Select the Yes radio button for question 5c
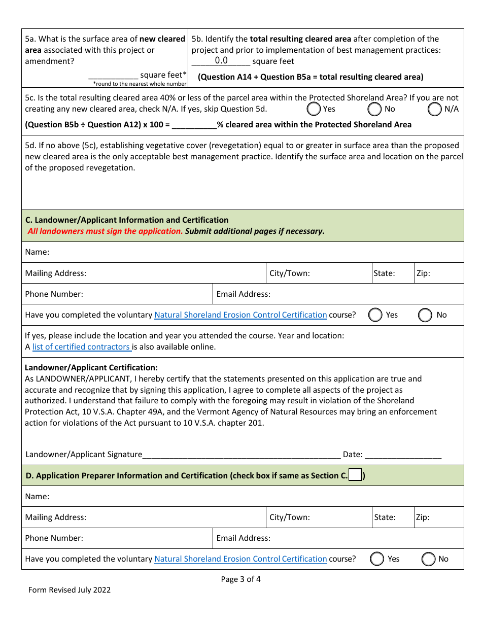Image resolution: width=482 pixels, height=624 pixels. click(x=314, y=109)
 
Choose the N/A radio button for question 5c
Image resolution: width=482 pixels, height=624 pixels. click(x=435, y=109)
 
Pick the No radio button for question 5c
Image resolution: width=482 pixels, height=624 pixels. click(x=374, y=109)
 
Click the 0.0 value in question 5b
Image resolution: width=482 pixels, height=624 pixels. click(x=221, y=61)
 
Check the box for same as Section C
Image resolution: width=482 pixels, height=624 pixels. click(x=355, y=475)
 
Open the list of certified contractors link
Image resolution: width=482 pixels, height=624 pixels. click(x=81, y=347)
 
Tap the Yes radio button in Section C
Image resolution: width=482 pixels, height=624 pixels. click(x=375, y=315)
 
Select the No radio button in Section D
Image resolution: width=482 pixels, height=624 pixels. click(x=429, y=559)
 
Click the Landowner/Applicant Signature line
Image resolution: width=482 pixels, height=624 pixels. click(x=241, y=455)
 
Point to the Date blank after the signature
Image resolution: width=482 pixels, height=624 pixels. click(x=403, y=455)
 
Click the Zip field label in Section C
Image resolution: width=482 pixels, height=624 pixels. click(x=423, y=273)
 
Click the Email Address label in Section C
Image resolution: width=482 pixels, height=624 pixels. click(x=244, y=294)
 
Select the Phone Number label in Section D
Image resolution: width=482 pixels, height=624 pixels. click(x=54, y=538)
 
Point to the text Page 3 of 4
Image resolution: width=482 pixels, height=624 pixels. click(x=241, y=579)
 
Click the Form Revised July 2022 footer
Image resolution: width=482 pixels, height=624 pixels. click(x=70, y=590)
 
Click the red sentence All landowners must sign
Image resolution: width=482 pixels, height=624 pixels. click(x=105, y=231)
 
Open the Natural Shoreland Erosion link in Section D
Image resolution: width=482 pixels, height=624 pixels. click(x=240, y=559)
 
